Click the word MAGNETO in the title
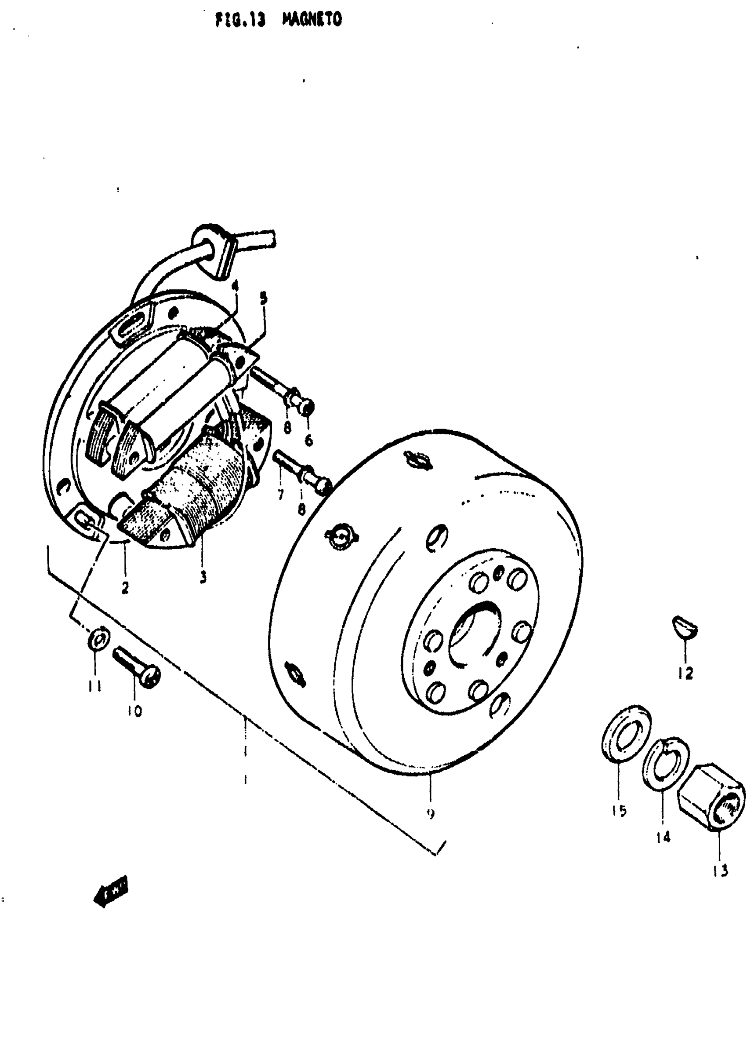coord(312,19)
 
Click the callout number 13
coord(720,870)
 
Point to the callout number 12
coord(685,674)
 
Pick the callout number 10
coord(135,711)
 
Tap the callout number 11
coord(95,687)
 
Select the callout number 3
coord(203,577)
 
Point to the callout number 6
coord(308,441)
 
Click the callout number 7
coord(280,495)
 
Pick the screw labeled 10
coord(136,667)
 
